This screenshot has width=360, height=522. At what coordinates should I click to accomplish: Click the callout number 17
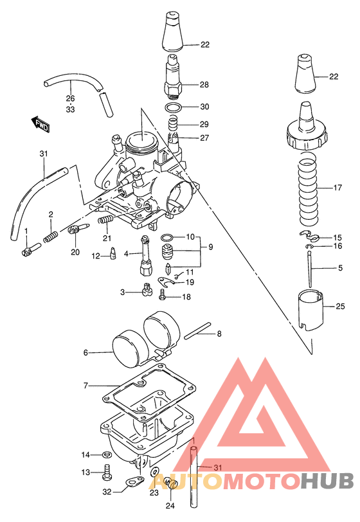pos(337,188)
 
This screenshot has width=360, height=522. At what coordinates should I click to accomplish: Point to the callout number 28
pos(204,85)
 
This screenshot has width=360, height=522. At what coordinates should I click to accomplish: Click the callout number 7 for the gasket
pos(85,386)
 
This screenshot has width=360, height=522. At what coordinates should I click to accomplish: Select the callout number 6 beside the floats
pos(85,352)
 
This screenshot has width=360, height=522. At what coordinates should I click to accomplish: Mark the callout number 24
pos(169,505)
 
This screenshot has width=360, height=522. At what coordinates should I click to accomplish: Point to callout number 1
pos(26,231)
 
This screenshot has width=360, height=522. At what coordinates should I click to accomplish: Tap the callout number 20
pos(75,251)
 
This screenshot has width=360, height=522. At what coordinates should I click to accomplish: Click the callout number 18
pos(186,297)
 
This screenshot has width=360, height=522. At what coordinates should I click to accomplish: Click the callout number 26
pos(70,98)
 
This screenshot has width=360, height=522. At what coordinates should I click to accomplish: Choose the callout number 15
pos(337,237)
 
